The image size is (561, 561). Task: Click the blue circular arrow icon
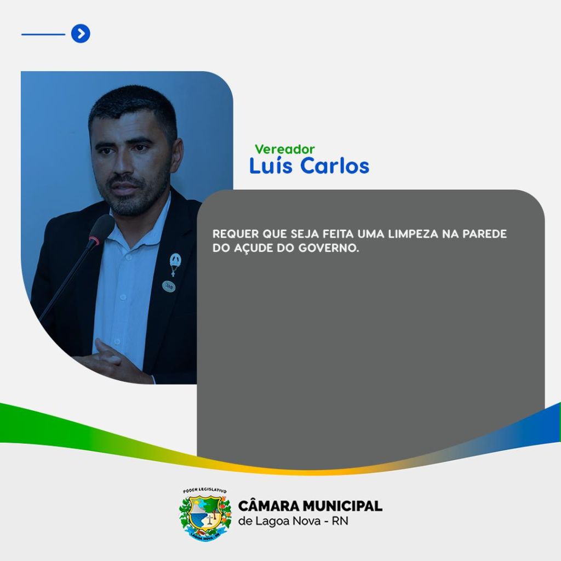[81, 33]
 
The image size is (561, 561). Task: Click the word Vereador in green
[285, 149]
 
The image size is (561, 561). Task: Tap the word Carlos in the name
[335, 165]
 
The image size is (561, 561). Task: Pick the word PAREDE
[485, 234]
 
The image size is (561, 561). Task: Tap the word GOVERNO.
[329, 248]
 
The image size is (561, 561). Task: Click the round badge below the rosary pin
[169, 286]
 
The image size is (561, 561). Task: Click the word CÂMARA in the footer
[268, 506]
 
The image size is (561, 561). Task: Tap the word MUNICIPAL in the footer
[342, 506]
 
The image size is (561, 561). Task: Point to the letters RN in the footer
[340, 521]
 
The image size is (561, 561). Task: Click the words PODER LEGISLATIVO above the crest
[205, 490]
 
